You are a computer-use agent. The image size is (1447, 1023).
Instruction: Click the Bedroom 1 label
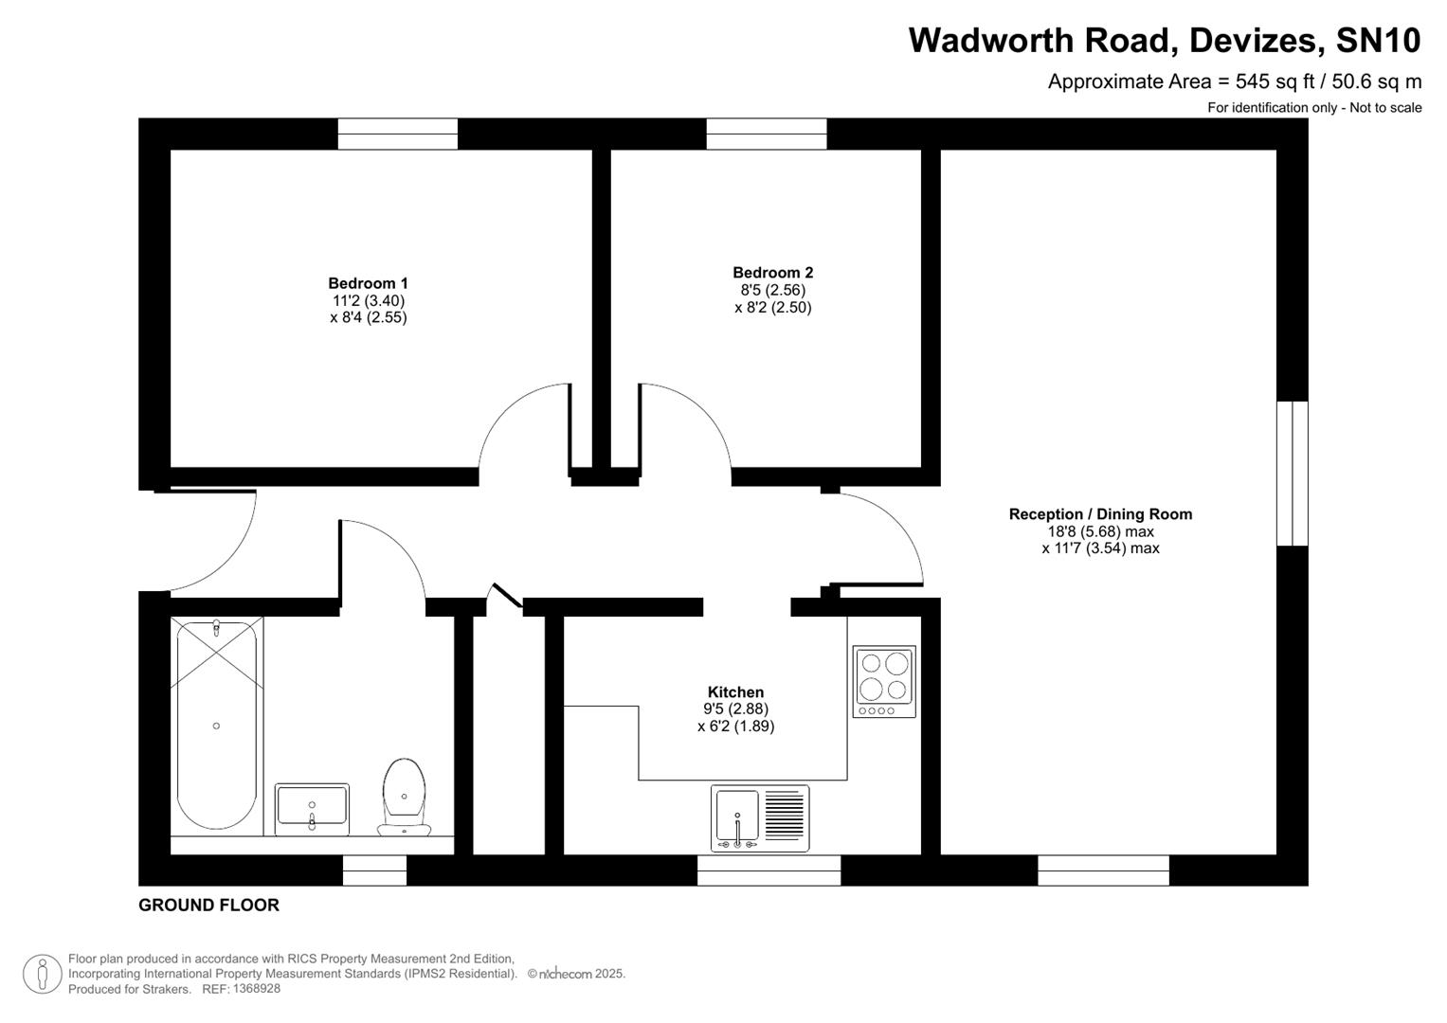click(368, 283)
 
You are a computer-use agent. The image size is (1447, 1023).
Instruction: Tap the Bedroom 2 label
click(772, 273)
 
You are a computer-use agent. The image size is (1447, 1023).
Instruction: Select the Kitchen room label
click(735, 692)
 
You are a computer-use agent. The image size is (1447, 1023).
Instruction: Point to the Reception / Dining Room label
click(1100, 514)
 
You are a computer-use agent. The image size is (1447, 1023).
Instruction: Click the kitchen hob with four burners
click(884, 681)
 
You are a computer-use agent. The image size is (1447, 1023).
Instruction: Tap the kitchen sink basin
click(737, 817)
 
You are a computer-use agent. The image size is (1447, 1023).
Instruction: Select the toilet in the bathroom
click(404, 796)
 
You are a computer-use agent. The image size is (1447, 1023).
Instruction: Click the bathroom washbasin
click(312, 809)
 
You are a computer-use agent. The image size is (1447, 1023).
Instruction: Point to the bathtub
click(216, 725)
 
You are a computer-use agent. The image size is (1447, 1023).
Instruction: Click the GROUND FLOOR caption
click(208, 905)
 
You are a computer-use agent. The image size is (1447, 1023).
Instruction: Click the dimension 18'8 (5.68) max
click(1099, 531)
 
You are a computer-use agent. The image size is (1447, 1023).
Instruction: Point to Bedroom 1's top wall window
click(398, 134)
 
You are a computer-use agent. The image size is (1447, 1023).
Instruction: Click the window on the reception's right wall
click(1292, 474)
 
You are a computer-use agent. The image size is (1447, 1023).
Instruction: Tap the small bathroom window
click(374, 870)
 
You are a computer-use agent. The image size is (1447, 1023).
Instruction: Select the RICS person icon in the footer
click(42, 974)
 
